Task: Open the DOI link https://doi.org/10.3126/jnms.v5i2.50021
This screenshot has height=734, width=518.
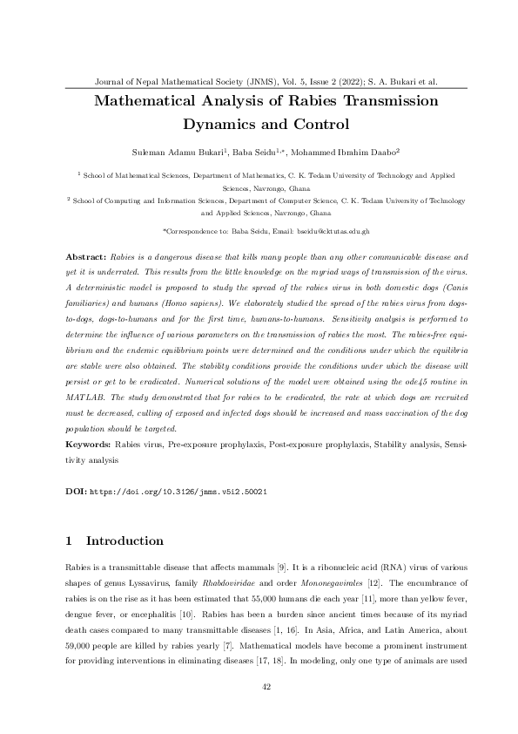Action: coord(180,492)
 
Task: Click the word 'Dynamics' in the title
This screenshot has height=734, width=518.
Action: coord(224,123)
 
